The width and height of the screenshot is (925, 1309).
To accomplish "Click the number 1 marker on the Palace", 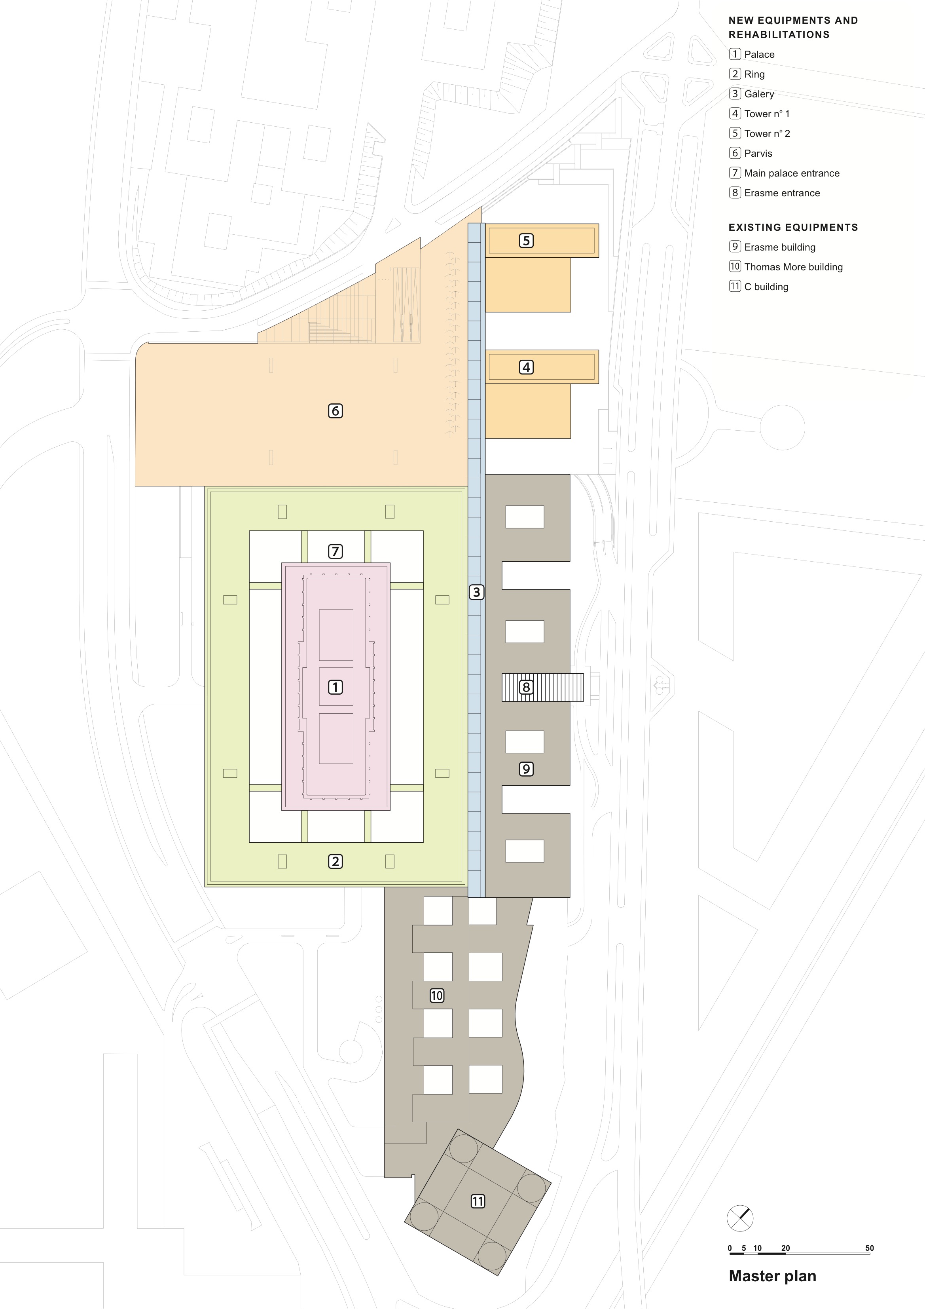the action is coord(335,687).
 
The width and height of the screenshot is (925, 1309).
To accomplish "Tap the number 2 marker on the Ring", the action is coord(335,861).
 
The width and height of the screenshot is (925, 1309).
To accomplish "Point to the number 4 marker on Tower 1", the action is coord(527,367).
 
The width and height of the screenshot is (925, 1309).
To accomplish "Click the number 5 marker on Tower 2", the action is coord(527,241).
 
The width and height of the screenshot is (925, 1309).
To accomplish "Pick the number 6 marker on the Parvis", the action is coord(335,410).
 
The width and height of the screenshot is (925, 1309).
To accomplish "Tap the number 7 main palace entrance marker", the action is coord(335,551).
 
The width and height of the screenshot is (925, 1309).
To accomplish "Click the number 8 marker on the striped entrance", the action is coord(527,687).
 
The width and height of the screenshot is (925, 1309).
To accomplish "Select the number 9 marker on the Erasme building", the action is coord(527,769).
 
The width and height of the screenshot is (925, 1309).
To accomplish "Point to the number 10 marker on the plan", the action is coord(436,996).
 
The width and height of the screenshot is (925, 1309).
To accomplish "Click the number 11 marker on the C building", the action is coord(478,1201).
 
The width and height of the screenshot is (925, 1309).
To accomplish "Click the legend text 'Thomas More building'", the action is coord(793,267).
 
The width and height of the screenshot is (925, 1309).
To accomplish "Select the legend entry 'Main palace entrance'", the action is coord(792,173).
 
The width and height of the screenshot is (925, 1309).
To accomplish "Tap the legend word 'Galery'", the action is coord(759,94).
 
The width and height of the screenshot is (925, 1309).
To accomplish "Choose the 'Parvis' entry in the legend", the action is coord(758,153).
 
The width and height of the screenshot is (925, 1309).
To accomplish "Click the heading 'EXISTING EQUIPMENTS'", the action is coord(793,227).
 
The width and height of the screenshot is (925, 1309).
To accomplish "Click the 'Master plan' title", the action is coord(772,1276).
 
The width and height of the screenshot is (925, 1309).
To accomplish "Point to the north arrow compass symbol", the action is coord(740,1219).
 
